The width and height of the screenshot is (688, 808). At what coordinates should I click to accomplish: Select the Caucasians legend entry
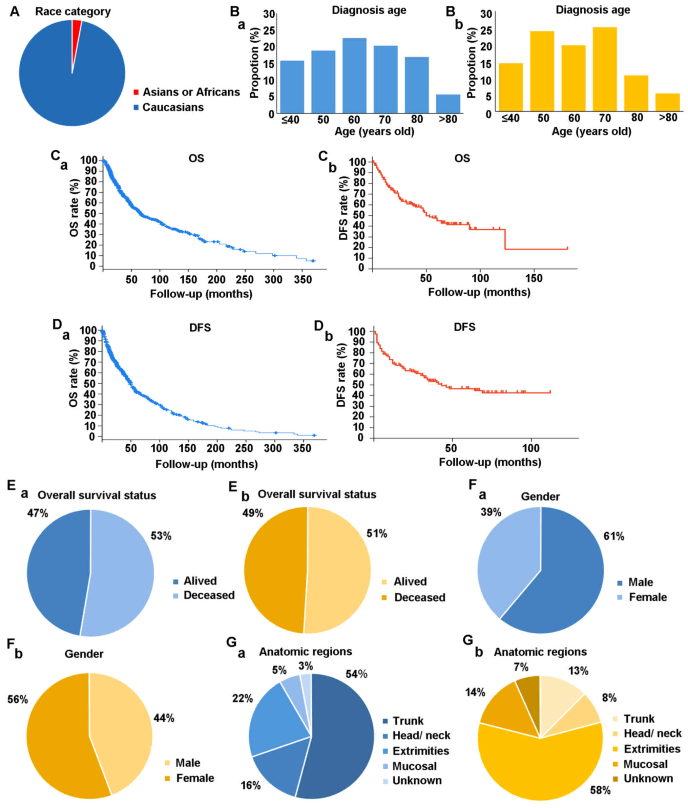click(x=173, y=107)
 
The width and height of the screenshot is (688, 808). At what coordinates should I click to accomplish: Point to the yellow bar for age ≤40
click(x=510, y=87)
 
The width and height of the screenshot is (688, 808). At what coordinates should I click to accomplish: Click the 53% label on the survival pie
click(x=161, y=536)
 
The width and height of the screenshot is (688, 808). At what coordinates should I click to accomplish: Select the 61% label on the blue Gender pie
click(x=614, y=537)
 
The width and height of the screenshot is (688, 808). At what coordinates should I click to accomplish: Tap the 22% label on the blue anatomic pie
click(x=243, y=698)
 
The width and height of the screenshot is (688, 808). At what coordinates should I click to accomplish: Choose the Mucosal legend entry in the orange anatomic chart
click(x=646, y=764)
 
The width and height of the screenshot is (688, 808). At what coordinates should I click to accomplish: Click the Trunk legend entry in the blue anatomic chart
click(x=408, y=721)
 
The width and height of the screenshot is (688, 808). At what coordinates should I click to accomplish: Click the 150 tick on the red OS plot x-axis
click(x=534, y=278)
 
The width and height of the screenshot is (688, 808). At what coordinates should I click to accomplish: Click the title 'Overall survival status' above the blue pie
click(x=97, y=495)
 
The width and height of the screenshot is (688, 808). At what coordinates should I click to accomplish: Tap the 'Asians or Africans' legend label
click(x=191, y=92)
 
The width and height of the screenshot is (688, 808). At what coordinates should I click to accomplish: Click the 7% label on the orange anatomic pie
click(x=521, y=667)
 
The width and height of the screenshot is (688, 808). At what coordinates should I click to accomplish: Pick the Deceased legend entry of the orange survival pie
click(x=419, y=597)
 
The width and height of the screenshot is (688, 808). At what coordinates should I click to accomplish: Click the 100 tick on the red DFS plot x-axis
click(x=531, y=448)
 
